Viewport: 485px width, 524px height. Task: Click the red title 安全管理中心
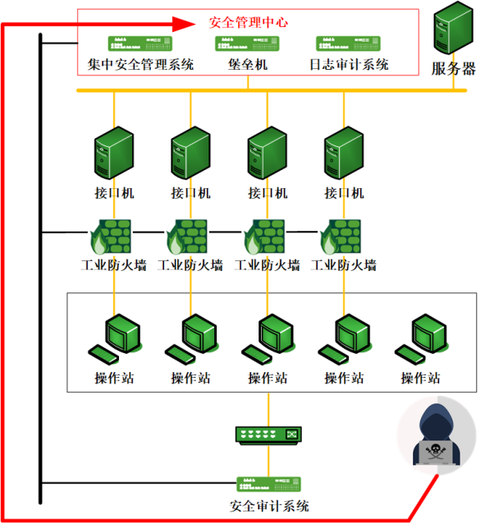tap(248, 22)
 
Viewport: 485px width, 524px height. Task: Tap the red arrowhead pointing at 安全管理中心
tap(184, 24)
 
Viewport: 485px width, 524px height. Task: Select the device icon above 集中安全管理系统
tap(140, 44)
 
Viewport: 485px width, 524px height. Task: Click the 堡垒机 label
tap(248, 65)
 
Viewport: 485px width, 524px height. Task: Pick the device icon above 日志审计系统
tap(349, 44)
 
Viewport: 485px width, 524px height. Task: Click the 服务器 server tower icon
tap(453, 28)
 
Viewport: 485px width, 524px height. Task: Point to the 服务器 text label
tap(453, 69)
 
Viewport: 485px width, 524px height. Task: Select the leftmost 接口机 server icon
tap(114, 153)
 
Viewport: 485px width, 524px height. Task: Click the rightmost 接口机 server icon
tap(344, 153)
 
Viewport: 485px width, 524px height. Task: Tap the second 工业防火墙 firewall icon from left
tap(187, 237)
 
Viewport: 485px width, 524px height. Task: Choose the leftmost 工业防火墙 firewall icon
tap(111, 237)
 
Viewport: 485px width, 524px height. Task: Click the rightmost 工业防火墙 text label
tap(344, 265)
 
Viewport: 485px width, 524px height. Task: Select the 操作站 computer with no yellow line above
tap(420, 339)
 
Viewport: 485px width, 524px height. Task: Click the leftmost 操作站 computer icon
tap(114, 339)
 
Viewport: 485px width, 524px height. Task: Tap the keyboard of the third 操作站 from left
tap(257, 355)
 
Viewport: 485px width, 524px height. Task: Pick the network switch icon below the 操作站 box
tap(268, 435)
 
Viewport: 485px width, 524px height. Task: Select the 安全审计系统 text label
tap(269, 506)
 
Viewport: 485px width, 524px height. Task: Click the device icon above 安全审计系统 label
tap(268, 485)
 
